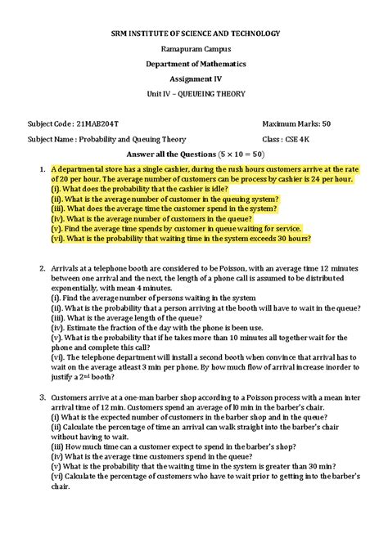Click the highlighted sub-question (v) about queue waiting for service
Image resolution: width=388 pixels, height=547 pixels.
pyautogui.click(x=176, y=228)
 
